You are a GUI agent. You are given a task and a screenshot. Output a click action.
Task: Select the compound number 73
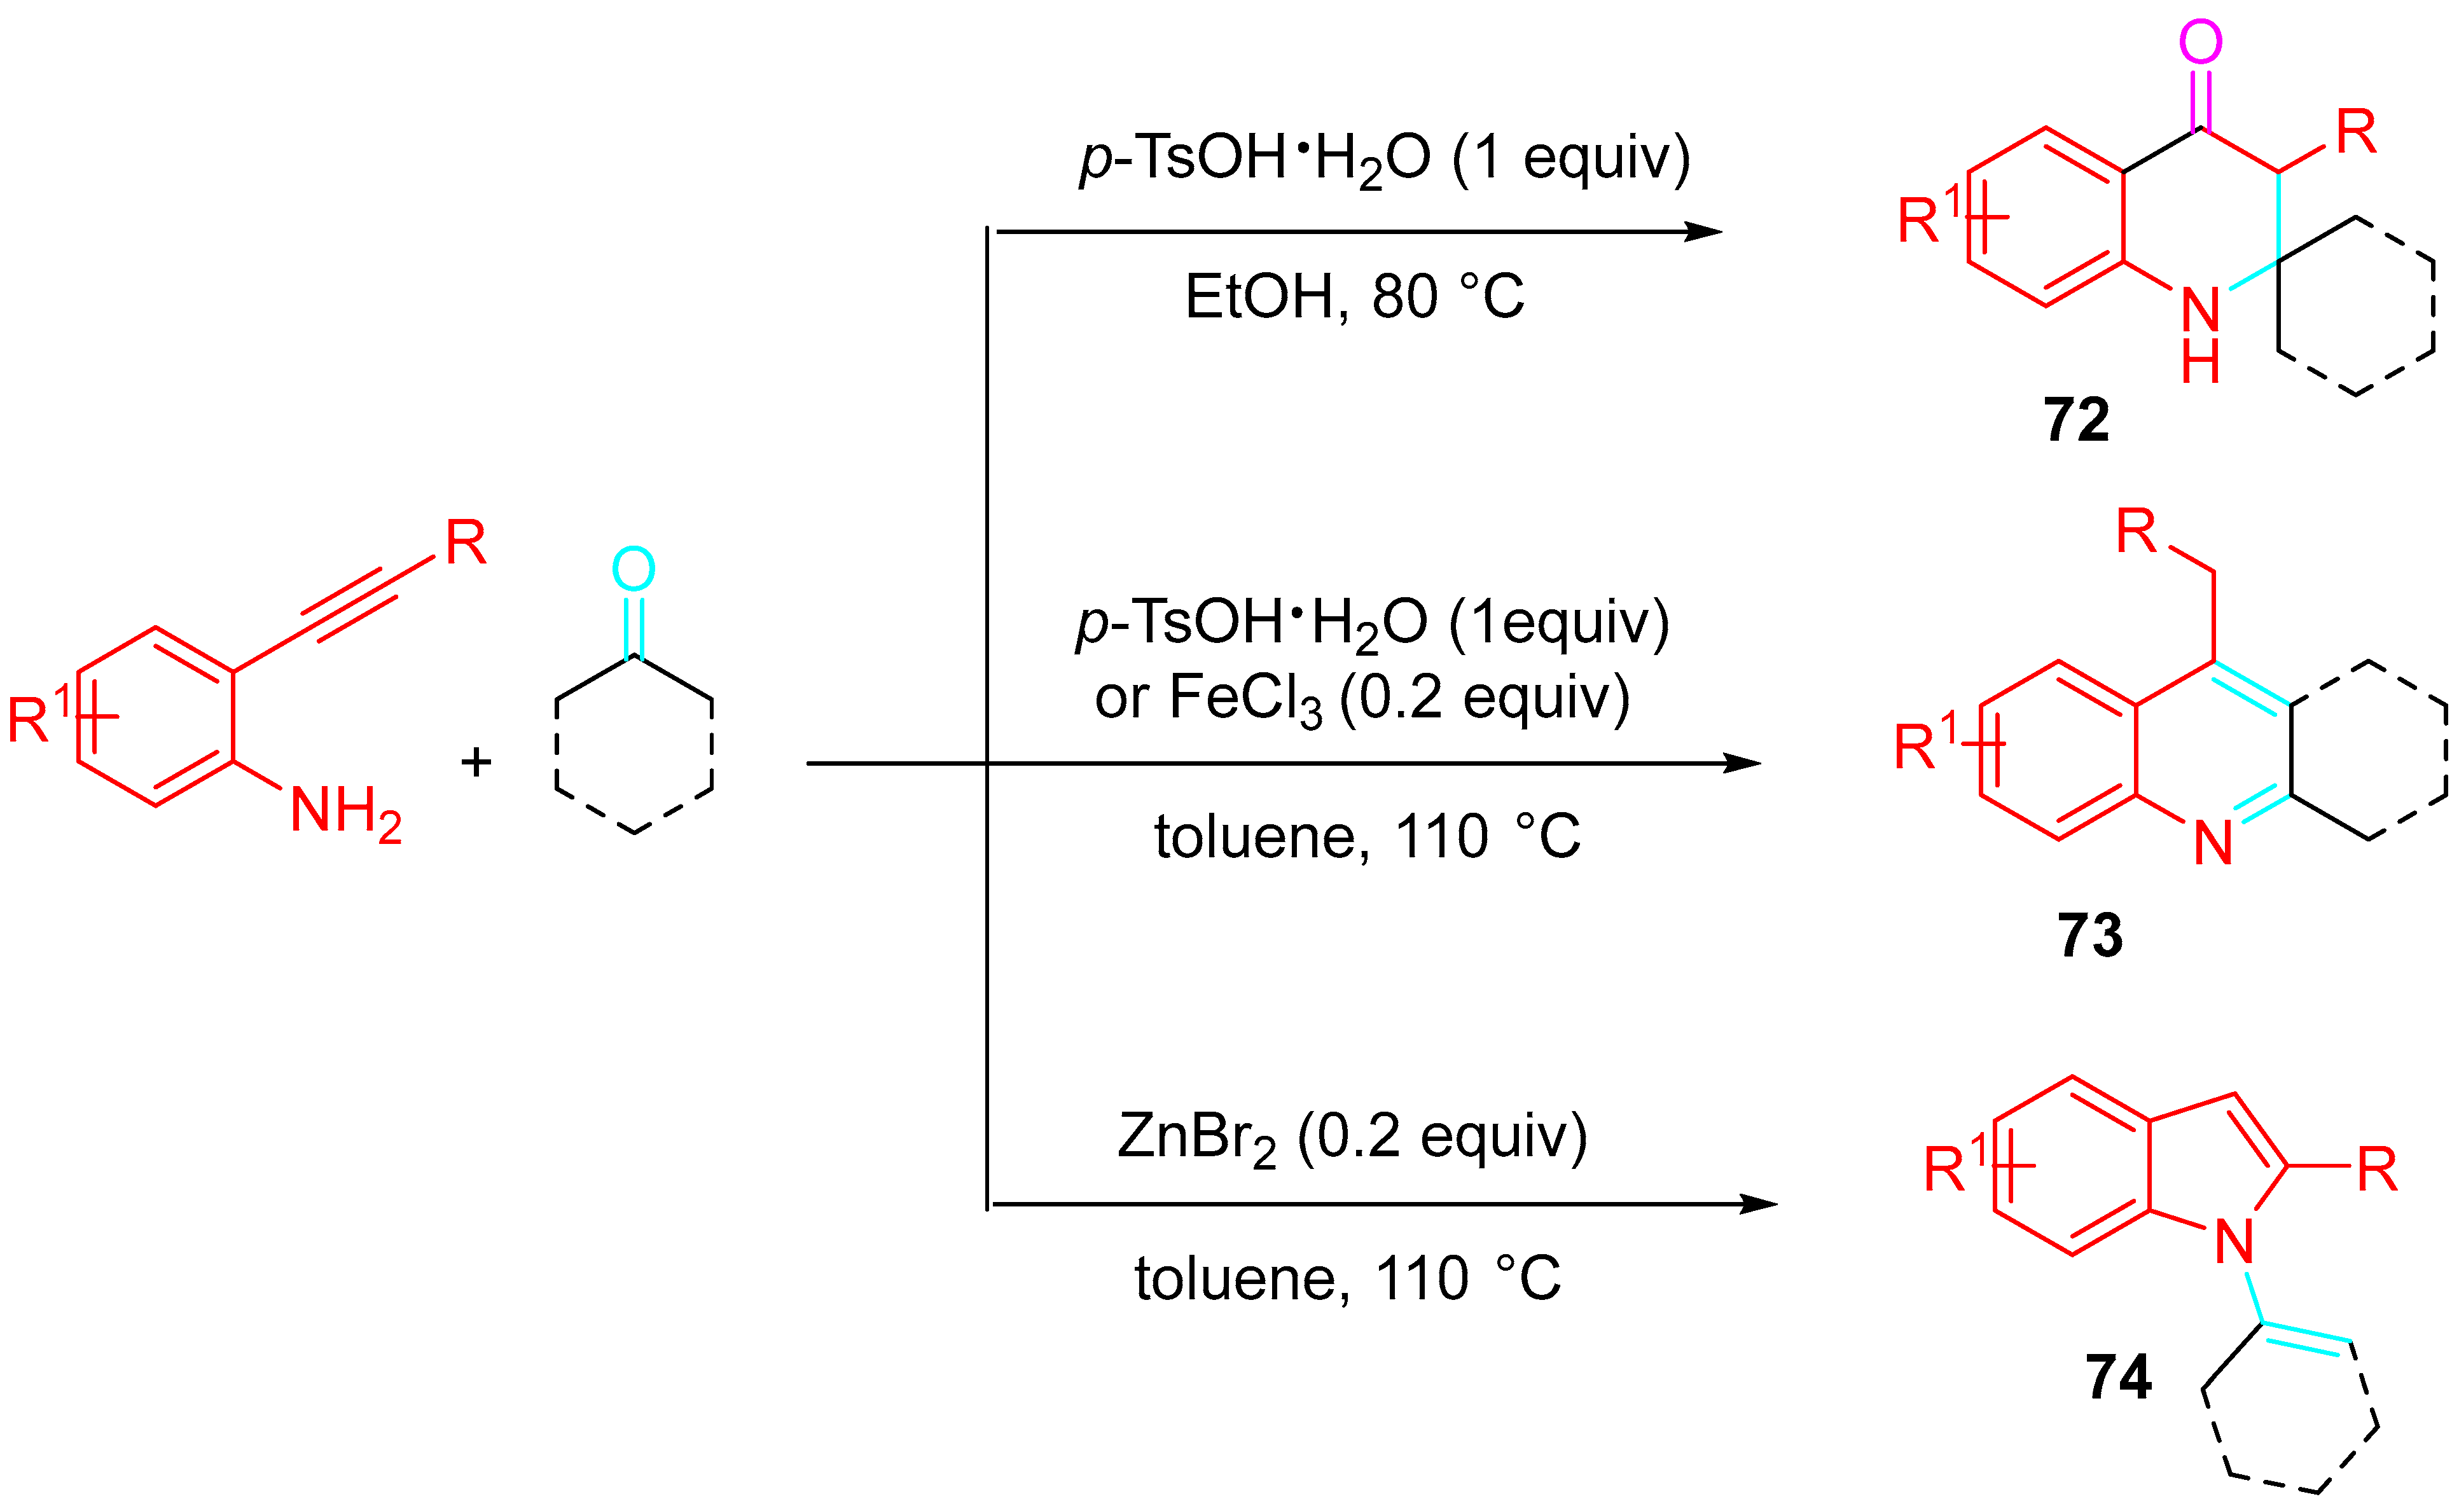2089,936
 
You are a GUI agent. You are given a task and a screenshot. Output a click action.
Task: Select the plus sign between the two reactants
476,763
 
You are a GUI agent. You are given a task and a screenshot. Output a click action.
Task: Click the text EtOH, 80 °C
1354,296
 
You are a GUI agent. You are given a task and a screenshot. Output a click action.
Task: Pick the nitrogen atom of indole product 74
2233,1243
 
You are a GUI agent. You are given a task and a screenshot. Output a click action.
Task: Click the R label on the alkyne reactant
465,543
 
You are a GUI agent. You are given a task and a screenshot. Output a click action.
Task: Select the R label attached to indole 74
2377,1170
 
